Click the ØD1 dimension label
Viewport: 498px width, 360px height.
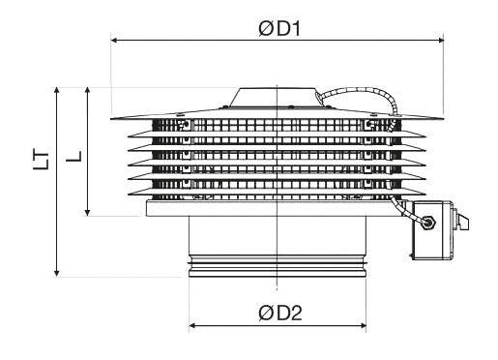point(279,29)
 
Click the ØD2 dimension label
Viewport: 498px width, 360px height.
point(280,313)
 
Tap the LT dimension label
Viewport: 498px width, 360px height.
point(42,161)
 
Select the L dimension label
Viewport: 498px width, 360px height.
point(74,156)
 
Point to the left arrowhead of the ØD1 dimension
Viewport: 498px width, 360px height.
point(114,41)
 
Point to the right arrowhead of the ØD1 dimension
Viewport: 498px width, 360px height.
point(441,41)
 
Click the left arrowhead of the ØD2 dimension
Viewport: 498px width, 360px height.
point(192,325)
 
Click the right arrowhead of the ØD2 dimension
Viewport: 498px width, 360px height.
point(363,325)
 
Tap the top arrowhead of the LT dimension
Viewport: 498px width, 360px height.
point(57,90)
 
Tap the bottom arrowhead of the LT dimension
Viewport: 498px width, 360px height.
point(57,274)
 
